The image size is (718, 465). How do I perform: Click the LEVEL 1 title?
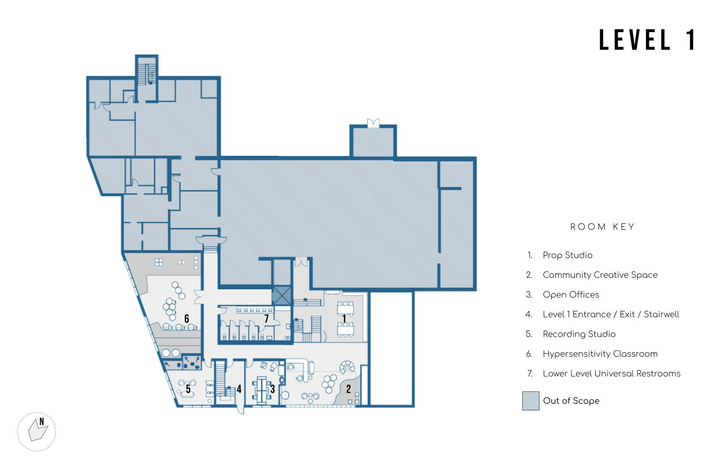pyautogui.click(x=647, y=40)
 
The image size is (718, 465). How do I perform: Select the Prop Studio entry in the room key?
pyautogui.click(x=568, y=255)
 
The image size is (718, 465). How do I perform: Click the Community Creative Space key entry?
pyautogui.click(x=600, y=275)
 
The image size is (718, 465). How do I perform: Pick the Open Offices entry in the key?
pyautogui.click(x=571, y=295)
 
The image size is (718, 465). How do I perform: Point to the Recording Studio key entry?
pyautogui.click(x=579, y=334)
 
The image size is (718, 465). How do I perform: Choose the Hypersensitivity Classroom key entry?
pyautogui.click(x=600, y=354)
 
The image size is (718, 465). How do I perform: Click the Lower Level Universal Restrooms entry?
pyautogui.click(x=612, y=373)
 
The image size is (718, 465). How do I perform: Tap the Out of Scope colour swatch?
pyautogui.click(x=531, y=401)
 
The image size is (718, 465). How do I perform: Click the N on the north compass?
pyautogui.click(x=42, y=421)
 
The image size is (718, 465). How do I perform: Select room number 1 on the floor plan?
pyautogui.click(x=344, y=319)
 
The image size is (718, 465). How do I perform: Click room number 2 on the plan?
pyautogui.click(x=348, y=389)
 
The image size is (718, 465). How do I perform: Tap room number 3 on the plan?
pyautogui.click(x=272, y=389)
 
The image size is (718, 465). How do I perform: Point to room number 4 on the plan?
pyautogui.click(x=239, y=389)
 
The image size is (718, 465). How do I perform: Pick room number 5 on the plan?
pyautogui.click(x=188, y=389)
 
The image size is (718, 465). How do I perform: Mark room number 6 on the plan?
pyautogui.click(x=187, y=318)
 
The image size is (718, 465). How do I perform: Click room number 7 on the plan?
pyautogui.click(x=266, y=318)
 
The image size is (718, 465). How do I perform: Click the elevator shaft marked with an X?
pyautogui.click(x=282, y=295)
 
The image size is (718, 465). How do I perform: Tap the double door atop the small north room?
pyautogui.click(x=373, y=122)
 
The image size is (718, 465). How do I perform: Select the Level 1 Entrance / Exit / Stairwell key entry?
pyautogui.click(x=611, y=314)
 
